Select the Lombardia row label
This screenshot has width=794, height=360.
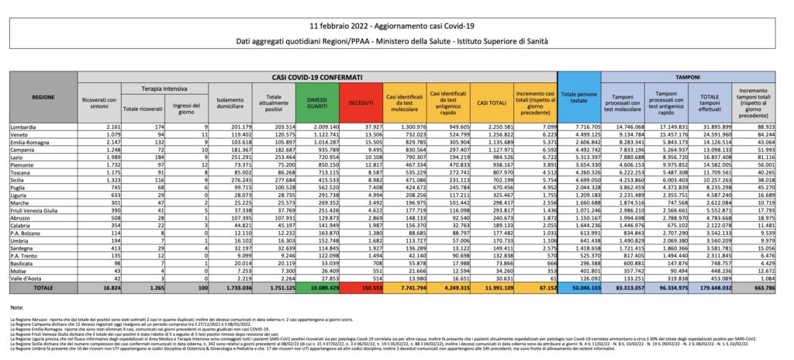(x=24, y=126)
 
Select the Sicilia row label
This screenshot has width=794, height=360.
(x=21, y=157)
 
